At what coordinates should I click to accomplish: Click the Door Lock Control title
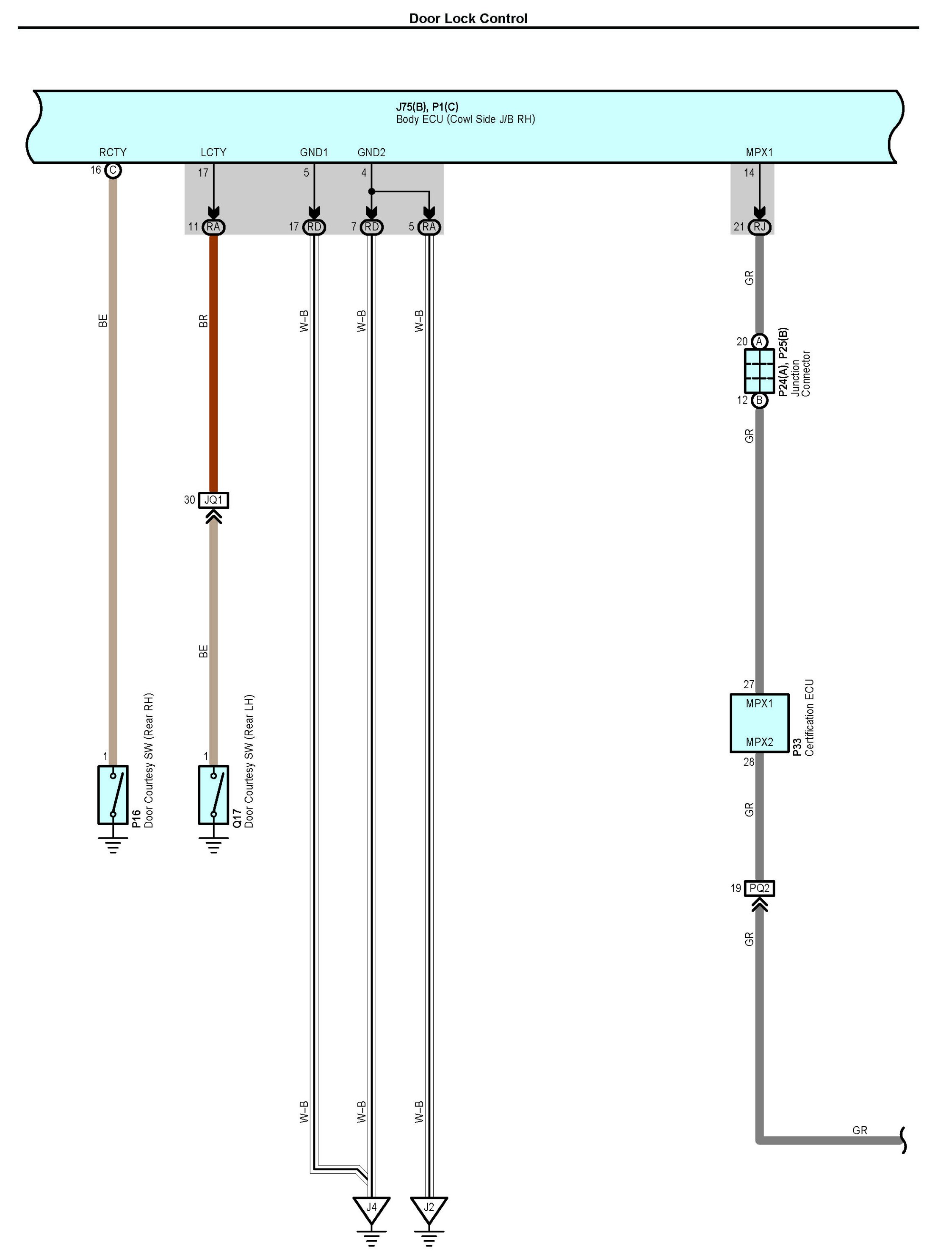coord(468,19)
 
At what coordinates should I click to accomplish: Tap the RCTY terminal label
coord(113,152)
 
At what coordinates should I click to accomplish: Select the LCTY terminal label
coord(213,152)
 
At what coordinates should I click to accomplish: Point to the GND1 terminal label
coord(313,152)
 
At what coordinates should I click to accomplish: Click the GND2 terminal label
coord(371,152)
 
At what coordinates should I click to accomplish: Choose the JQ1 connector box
coord(213,500)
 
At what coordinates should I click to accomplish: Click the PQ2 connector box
coord(759,888)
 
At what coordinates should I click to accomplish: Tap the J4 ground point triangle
coord(371,1209)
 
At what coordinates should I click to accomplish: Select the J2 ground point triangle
coord(429,1209)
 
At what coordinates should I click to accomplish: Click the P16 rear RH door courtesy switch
coord(113,795)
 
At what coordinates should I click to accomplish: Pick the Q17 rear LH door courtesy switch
coord(213,795)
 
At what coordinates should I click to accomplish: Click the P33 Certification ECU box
coord(759,723)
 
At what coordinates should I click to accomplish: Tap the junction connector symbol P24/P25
coord(759,371)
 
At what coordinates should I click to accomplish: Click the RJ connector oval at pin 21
coord(759,227)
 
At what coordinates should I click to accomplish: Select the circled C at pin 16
coord(113,170)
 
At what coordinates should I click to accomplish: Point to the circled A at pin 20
coord(759,341)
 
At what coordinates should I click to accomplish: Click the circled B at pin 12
coord(759,400)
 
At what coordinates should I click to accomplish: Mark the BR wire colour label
coord(204,321)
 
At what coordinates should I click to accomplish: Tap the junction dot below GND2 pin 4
coord(371,191)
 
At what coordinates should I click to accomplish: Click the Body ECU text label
coord(465,119)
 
